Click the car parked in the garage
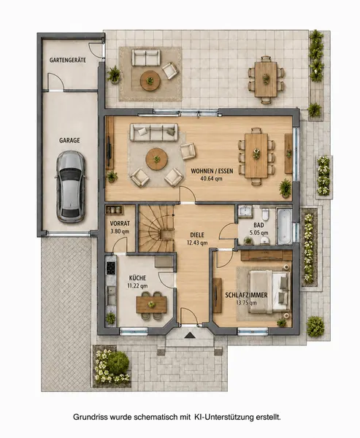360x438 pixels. coord(71,187)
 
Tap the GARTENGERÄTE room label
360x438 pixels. coord(68,60)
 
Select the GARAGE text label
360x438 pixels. coord(69,140)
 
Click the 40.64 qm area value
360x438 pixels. coord(211,179)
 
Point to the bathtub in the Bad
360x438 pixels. coord(284,226)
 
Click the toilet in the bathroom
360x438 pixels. coord(265,215)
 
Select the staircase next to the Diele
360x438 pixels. coord(156,228)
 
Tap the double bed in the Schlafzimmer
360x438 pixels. coord(269,291)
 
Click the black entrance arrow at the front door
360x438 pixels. coord(189,335)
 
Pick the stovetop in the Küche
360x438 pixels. coord(111,268)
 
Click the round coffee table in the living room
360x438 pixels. coord(157,159)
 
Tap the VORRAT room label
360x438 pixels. coord(120,223)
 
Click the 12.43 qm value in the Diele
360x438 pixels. coord(197,243)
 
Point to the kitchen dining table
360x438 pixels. coord(151,304)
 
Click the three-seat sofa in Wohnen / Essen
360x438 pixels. coord(154,132)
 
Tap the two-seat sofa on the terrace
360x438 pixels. coord(146,58)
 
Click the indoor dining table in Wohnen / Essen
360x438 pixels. coord(256,155)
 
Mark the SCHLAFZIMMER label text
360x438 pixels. coord(246,295)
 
